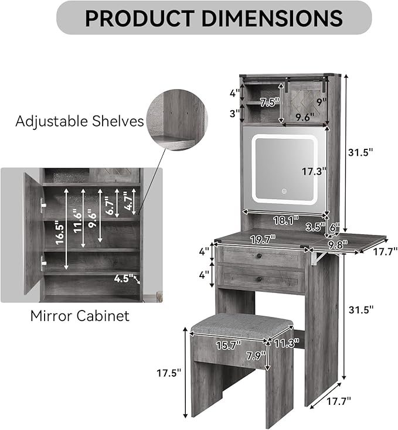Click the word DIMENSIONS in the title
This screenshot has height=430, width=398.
coord(273,18)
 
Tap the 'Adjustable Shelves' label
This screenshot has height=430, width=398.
coord(80,121)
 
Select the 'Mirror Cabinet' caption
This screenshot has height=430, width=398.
coord(80,316)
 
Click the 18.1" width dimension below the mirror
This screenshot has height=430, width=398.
coord(286,220)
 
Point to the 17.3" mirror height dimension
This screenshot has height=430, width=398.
coord(314,172)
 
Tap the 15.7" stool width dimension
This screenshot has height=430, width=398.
coord(228,345)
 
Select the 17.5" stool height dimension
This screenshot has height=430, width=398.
coord(169,373)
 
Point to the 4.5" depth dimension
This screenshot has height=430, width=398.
coord(124,278)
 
